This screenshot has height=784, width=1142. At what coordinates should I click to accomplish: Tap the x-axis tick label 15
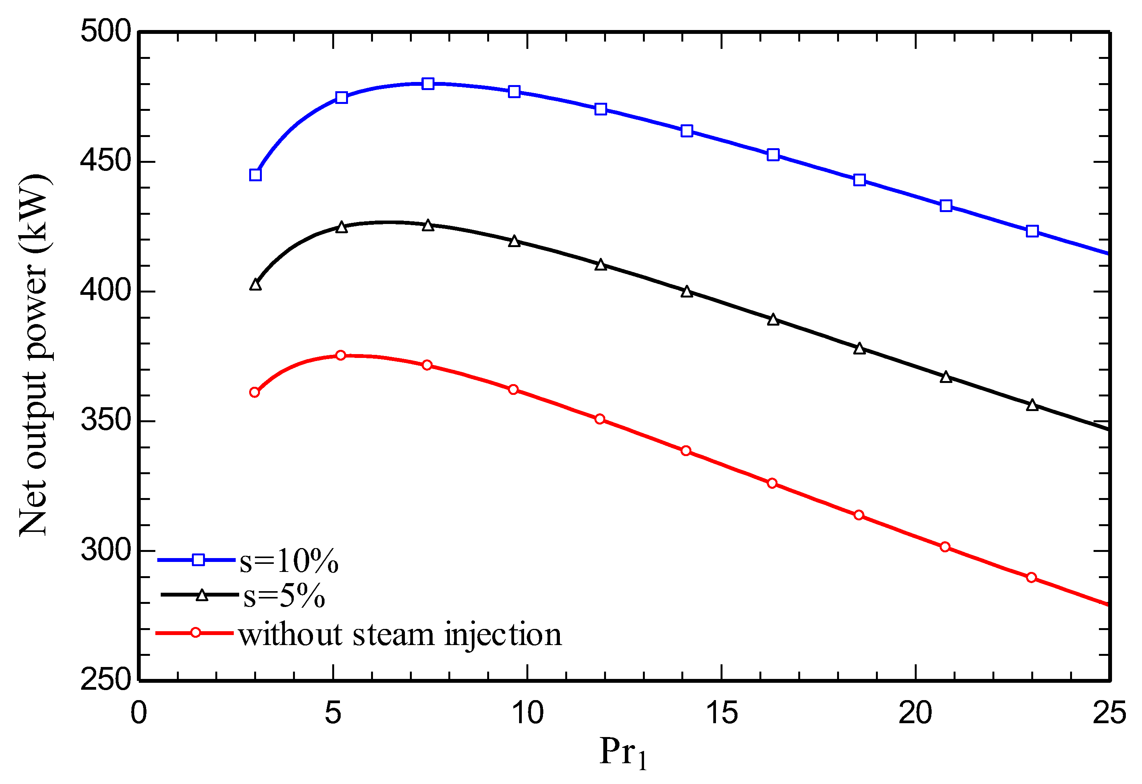721,713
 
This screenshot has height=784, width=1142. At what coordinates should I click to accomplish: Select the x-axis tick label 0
139,713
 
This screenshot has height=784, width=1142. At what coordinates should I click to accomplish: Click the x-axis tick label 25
1109,713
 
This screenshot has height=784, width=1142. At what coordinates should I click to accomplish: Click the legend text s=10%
289,561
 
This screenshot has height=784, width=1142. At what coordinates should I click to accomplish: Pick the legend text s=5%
284,597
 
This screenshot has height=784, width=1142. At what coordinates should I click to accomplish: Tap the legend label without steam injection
400,635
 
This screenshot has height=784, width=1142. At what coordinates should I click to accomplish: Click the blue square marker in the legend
198,560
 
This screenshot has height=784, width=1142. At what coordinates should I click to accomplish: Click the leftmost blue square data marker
255,175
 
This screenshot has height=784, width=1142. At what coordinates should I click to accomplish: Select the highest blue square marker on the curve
428,84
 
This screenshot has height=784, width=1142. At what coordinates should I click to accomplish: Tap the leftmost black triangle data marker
255,285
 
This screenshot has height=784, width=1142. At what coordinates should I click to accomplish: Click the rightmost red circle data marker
1031,577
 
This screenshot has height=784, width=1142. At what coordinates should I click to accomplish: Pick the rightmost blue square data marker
1032,231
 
